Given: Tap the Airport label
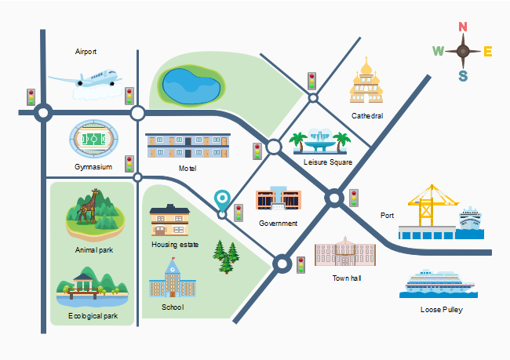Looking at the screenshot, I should click(86, 52).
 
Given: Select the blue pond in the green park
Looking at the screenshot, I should click(188, 83).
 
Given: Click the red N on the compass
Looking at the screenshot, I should click(463, 27).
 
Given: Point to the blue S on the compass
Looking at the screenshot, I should click(463, 76).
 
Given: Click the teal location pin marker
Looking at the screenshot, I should click(223, 202).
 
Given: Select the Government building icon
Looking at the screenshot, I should click(278, 198).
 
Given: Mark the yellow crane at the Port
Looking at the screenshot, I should click(428, 205).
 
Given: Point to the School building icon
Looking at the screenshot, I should click(171, 278).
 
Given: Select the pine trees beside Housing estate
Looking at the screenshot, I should click(227, 257).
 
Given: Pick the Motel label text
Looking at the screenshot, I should click(187, 168).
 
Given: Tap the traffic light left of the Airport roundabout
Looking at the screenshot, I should click(31, 96).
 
